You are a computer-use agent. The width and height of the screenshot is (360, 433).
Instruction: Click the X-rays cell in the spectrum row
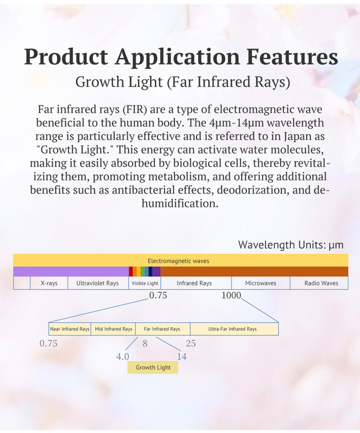point(49,283)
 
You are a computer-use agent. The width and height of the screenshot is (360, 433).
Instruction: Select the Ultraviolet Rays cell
point(98,283)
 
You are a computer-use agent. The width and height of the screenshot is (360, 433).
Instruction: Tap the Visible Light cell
point(145,283)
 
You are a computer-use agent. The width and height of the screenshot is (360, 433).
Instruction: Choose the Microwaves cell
point(261,283)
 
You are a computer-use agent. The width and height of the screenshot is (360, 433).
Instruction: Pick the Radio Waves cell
point(319,283)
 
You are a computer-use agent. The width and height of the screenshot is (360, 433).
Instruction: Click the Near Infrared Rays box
point(70,329)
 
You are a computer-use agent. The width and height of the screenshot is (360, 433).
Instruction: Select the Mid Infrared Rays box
point(113,329)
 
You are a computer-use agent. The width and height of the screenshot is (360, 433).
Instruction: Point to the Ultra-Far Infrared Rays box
point(234,329)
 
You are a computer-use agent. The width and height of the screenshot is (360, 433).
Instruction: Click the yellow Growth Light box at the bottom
point(153,367)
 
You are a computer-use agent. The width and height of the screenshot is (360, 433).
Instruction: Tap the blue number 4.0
point(123,356)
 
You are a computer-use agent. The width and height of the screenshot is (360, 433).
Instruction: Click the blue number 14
point(182,356)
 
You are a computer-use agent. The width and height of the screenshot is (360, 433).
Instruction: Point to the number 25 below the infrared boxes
point(191,343)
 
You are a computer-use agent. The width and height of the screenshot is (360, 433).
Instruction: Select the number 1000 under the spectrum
point(231,295)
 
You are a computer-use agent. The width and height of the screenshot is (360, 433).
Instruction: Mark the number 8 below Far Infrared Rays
point(145,343)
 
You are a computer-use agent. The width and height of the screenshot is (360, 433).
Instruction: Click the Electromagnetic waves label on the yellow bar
point(178,261)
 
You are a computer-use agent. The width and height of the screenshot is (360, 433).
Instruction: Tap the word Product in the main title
point(66,57)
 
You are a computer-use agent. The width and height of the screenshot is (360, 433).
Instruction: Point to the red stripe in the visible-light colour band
point(131,271)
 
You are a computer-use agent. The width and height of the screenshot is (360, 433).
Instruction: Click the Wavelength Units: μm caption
point(291,245)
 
